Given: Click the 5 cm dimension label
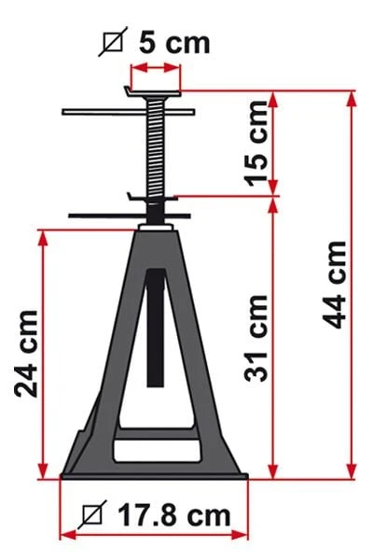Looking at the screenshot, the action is tap(174, 43).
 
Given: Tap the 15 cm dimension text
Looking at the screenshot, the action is tap(256, 144).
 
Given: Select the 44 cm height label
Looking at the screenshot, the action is tap(335, 285).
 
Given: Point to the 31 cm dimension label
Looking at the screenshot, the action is tap(256, 339).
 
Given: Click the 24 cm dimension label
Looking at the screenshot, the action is tap(26, 354).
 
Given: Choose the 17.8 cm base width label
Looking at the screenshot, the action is tap(174, 515).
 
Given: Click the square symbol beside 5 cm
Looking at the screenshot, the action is tap(113, 42).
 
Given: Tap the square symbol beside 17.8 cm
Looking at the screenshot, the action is tap(92, 514).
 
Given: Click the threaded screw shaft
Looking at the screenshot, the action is tap(156, 147).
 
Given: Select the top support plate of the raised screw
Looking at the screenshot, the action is tap(153, 92).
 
